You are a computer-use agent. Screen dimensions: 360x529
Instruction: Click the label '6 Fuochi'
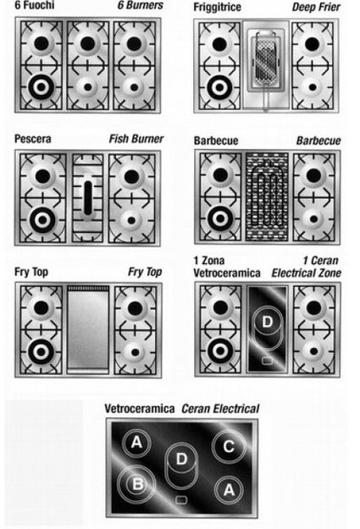[34, 5]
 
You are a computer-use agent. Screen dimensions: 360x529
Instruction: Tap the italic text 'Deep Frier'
[316, 7]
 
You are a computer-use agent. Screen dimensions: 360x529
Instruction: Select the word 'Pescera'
[33, 139]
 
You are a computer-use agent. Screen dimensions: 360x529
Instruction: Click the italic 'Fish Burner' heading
[136, 139]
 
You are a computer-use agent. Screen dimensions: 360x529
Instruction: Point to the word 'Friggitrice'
[217, 7]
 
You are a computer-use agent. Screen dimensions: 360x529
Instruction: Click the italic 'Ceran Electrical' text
[220, 409]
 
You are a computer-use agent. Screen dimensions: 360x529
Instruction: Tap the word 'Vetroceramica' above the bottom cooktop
[140, 409]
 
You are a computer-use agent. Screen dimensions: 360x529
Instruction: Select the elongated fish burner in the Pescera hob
[88, 198]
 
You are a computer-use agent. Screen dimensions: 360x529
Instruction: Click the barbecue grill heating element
[267, 197]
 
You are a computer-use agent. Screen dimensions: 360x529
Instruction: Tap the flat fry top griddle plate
[88, 328]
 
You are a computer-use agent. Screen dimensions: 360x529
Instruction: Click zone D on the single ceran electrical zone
[267, 322]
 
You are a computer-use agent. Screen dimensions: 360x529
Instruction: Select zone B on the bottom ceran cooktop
[137, 484]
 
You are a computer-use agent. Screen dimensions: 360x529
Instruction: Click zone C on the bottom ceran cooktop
[229, 446]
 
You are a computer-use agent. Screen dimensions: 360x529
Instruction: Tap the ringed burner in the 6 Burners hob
[42, 87]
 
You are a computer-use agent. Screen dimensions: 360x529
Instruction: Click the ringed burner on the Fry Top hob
[42, 352]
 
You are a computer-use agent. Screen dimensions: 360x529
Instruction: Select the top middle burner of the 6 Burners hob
[87, 43]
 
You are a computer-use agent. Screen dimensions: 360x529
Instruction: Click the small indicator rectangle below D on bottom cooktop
[181, 499]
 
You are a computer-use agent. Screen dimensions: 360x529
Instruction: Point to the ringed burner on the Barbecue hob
[220, 218]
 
